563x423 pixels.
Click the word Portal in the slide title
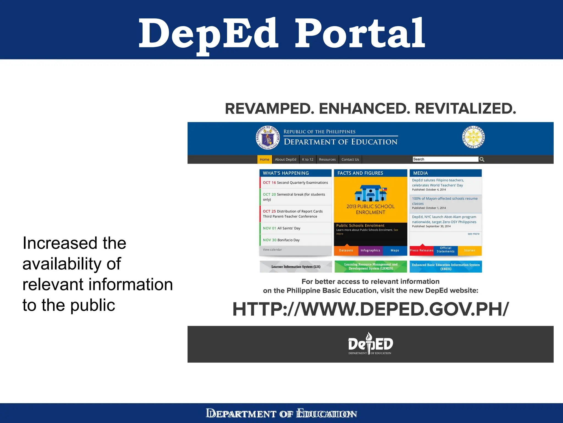click(x=360, y=33)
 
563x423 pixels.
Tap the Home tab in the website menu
click(x=264, y=159)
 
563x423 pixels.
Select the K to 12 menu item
click(x=308, y=159)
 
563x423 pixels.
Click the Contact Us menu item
click(x=350, y=159)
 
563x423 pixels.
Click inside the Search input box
click(x=445, y=159)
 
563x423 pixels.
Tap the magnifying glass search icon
click(x=482, y=159)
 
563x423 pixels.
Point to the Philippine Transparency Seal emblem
click(x=473, y=137)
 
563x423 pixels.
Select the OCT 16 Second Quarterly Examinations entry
click(x=295, y=183)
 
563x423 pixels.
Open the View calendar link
click(x=272, y=250)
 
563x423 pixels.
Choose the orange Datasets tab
click(x=346, y=250)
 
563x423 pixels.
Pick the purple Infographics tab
click(x=370, y=250)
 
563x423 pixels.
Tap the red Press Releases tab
click(x=421, y=250)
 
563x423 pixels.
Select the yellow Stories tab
click(x=470, y=250)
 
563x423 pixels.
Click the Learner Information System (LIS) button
click(x=296, y=267)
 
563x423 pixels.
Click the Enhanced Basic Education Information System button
click(x=446, y=267)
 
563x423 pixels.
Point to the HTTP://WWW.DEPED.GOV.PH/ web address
click(x=371, y=309)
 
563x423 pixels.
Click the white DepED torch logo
click(x=370, y=344)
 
